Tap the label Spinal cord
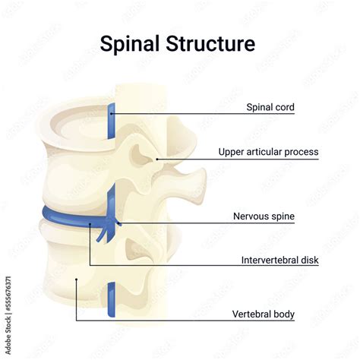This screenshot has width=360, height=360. click(x=270, y=108)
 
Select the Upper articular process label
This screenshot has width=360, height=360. click(x=268, y=152)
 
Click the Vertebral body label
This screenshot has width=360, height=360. click(x=264, y=314)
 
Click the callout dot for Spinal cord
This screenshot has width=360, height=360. click(x=112, y=113)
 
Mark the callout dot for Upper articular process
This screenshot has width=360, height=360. click(x=157, y=159)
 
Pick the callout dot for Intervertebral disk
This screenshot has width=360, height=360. click(x=90, y=225)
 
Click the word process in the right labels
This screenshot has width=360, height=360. click(x=302, y=152)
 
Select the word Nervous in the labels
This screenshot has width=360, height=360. click(x=251, y=216)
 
